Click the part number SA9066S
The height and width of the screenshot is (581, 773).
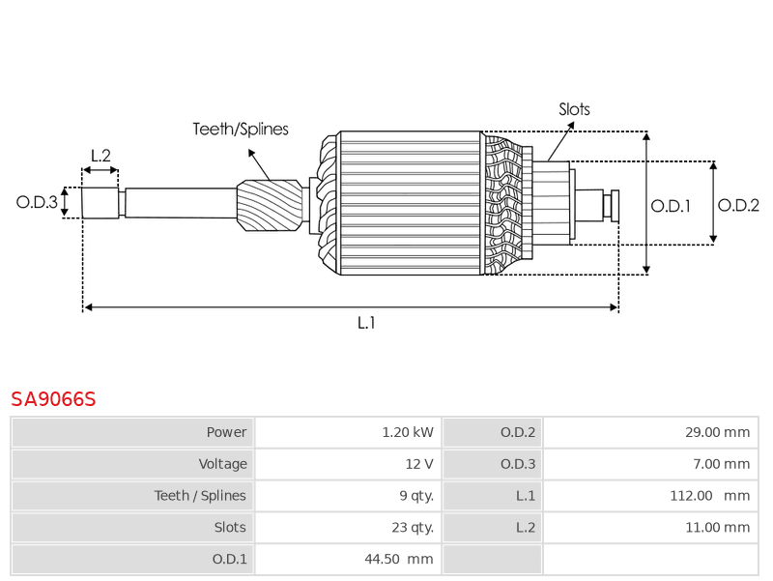53,399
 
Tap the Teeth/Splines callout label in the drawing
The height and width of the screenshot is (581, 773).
241,129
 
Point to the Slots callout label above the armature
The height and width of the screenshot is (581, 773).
574,109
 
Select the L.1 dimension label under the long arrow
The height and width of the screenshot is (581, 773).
366,323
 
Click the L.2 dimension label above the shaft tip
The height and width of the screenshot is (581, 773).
100,155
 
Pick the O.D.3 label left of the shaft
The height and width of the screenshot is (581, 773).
37,202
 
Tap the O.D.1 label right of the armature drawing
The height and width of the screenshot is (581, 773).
671,205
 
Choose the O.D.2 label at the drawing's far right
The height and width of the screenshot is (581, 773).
739,205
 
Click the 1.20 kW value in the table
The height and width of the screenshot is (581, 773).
408,432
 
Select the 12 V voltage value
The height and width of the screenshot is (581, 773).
419,464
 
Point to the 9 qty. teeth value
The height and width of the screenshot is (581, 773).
415,496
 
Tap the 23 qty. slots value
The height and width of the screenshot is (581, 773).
413,528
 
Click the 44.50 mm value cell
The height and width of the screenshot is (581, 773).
399,559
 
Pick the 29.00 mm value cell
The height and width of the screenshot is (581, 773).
717,432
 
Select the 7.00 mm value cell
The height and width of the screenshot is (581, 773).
721,464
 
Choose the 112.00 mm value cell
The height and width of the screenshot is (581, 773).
707,496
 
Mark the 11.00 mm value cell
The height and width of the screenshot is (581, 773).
717,528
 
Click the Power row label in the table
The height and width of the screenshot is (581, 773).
226,432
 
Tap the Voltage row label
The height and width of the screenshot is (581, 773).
223,464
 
